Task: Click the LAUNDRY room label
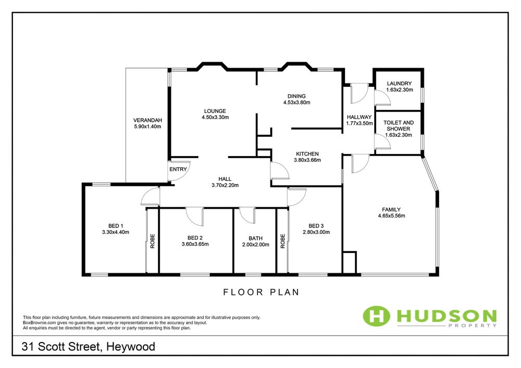click(x=399, y=84)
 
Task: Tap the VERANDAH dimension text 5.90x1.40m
click(x=147, y=126)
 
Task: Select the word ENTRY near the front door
click(x=178, y=169)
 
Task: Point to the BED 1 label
click(x=116, y=226)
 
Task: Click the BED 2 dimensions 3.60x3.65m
click(x=195, y=244)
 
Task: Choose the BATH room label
click(x=255, y=238)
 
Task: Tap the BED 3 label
click(x=316, y=226)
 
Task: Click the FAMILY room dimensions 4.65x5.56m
click(x=391, y=215)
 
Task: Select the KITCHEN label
click(x=307, y=154)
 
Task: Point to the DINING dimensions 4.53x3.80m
click(x=297, y=103)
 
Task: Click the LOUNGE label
click(x=215, y=111)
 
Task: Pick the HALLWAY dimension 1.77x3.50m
click(x=359, y=123)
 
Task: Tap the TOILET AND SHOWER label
click(x=399, y=126)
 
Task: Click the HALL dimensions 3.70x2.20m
click(x=225, y=185)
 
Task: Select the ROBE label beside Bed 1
click(x=153, y=241)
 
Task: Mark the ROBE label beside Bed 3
click(x=283, y=241)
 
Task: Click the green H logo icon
click(x=376, y=315)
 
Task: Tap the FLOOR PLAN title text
click(x=262, y=292)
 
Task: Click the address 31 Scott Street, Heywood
click(x=89, y=347)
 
